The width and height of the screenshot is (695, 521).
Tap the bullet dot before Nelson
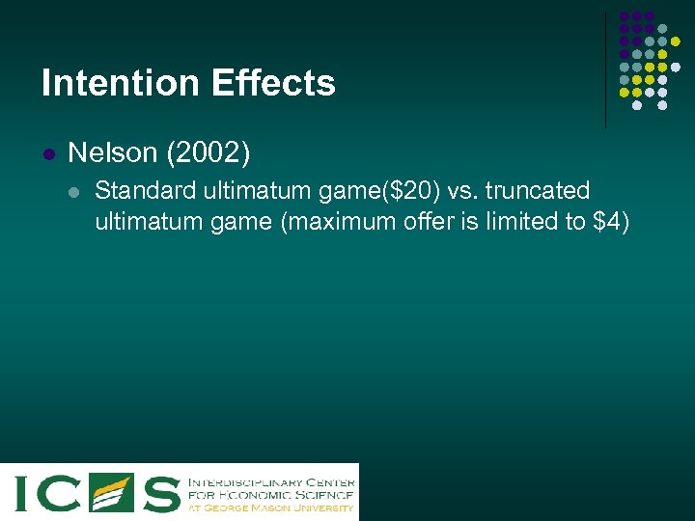pos(48,154)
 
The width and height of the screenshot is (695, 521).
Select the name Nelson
pos(112,152)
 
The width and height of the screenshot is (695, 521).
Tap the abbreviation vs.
pos(460,190)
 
